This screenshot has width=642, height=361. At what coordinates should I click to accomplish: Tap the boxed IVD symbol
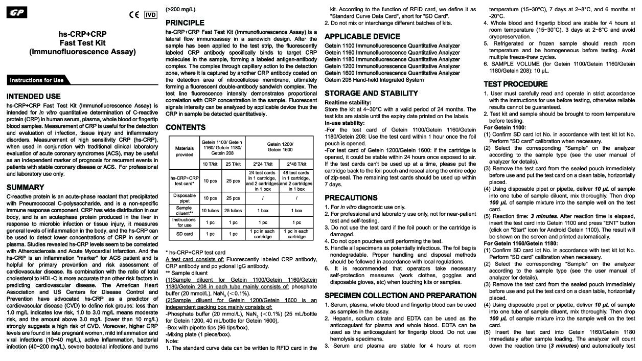[150, 14]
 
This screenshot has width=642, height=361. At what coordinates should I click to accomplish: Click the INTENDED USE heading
[34, 96]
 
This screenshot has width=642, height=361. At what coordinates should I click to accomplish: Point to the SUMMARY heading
[26, 188]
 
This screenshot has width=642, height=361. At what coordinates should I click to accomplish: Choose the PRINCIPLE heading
[185, 23]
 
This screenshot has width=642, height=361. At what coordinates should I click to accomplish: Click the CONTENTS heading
[186, 127]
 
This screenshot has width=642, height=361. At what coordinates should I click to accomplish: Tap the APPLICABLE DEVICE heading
[362, 36]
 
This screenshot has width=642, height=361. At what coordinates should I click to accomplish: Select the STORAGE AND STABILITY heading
[372, 94]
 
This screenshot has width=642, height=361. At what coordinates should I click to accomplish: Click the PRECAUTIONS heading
[351, 198]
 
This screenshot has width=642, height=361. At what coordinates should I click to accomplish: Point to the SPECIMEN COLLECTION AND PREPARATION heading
[401, 296]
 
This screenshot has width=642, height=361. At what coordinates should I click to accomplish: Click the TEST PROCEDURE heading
[516, 84]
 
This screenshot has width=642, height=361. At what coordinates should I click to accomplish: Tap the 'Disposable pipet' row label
[185, 198]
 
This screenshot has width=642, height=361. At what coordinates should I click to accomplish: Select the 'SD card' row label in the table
[185, 234]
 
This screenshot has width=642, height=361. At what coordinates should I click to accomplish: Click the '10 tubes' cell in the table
[210, 210]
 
